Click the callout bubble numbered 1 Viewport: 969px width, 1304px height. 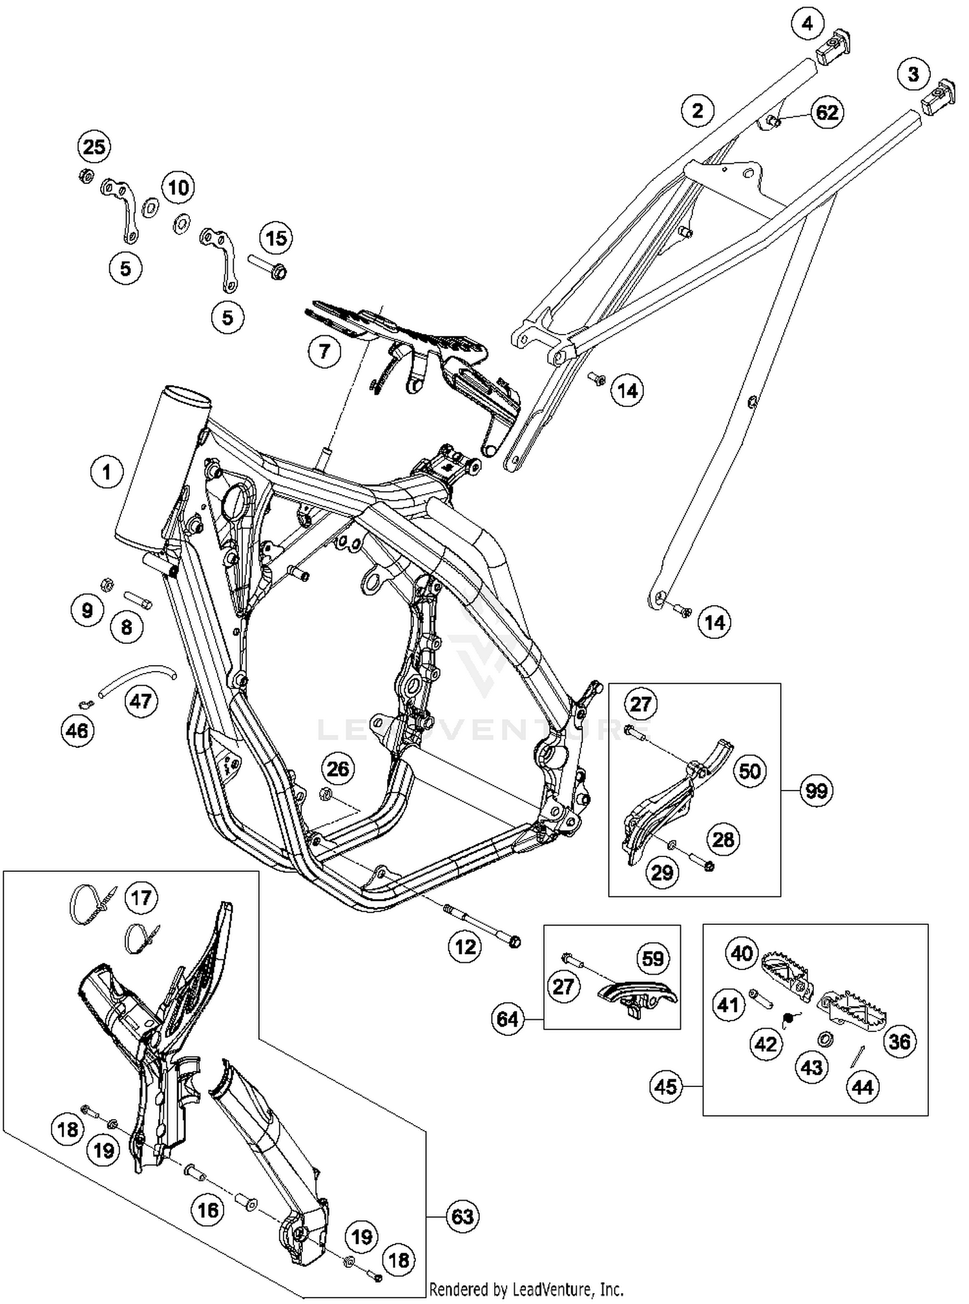pyautogui.click(x=107, y=472)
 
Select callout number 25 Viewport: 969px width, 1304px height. pyautogui.click(x=94, y=147)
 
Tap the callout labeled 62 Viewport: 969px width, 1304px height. pyautogui.click(x=827, y=112)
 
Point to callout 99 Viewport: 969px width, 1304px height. pyautogui.click(x=817, y=790)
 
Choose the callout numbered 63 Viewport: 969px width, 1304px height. pyautogui.click(x=463, y=1217)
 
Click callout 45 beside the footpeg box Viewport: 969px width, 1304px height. pyautogui.click(x=666, y=1086)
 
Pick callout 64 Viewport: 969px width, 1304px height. pyautogui.click(x=508, y=1019)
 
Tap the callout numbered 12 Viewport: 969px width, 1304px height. pyautogui.click(x=465, y=947)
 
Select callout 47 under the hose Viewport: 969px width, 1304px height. pyautogui.click(x=141, y=701)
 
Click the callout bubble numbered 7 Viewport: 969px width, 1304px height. pyautogui.click(x=324, y=351)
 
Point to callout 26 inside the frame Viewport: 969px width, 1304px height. pyautogui.click(x=338, y=769)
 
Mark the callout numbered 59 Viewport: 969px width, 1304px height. pyautogui.click(x=653, y=958)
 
